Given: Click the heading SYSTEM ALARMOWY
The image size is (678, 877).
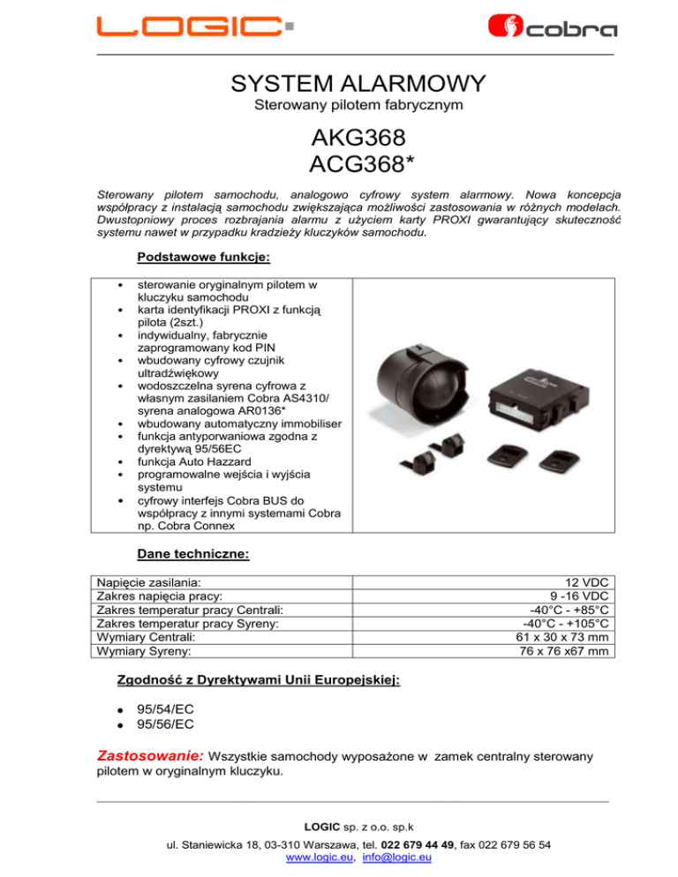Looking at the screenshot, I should pyautogui.click(x=357, y=85).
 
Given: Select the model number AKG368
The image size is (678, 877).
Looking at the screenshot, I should pyautogui.click(x=357, y=139).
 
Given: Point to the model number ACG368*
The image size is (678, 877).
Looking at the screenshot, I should pyautogui.click(x=357, y=165).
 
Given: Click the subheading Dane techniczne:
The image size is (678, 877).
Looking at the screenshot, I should pyautogui.click(x=193, y=554).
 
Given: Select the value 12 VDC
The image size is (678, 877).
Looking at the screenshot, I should pyautogui.click(x=588, y=582).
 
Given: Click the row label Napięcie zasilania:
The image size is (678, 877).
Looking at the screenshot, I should pyautogui.click(x=148, y=582).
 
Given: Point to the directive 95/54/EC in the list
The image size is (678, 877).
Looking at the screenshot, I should pyautogui.click(x=166, y=709).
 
